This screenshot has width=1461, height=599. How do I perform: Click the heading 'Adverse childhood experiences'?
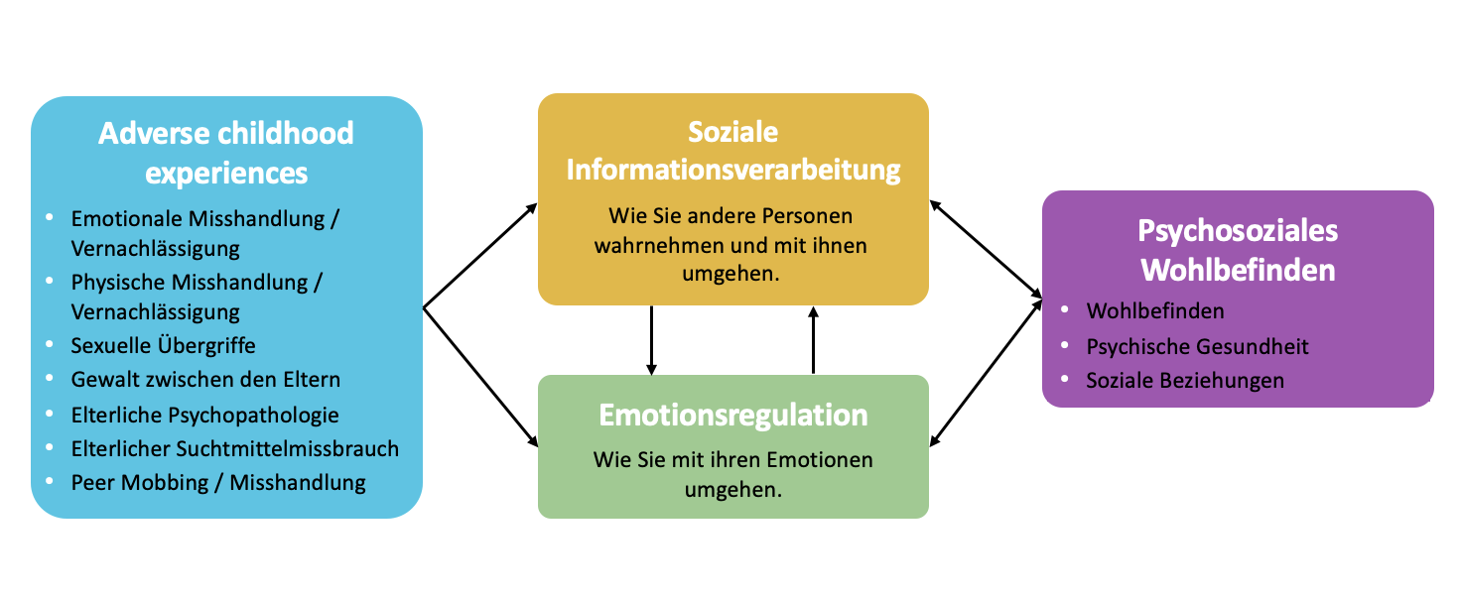tap(226, 153)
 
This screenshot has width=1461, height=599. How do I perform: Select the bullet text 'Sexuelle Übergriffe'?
tap(163, 346)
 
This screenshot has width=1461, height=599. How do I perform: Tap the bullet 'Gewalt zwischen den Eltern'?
tap(205, 380)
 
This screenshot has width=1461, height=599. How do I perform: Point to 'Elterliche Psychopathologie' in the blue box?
tap(204, 415)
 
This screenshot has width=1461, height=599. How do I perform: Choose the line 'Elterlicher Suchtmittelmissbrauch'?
tap(234, 448)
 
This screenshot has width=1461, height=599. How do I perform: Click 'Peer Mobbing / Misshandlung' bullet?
tap(218, 483)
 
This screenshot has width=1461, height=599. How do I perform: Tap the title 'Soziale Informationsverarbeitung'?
tap(732, 151)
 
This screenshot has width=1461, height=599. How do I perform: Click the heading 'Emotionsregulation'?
tap(732, 414)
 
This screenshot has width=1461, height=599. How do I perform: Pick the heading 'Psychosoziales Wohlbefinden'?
tap(1237, 250)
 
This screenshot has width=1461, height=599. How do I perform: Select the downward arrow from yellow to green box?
tap(651, 339)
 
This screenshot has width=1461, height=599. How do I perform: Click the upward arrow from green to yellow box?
tap(814, 339)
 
